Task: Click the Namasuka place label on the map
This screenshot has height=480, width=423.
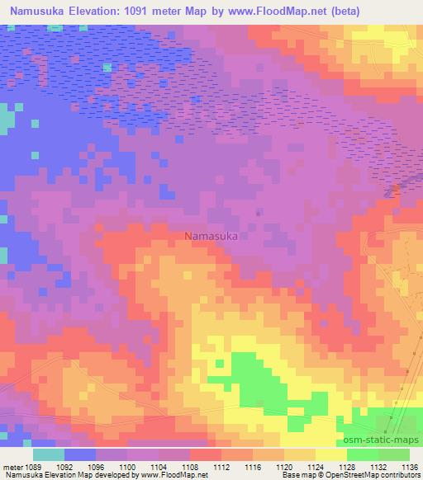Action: (x=211, y=236)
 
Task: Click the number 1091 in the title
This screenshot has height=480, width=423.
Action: (x=156, y=12)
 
